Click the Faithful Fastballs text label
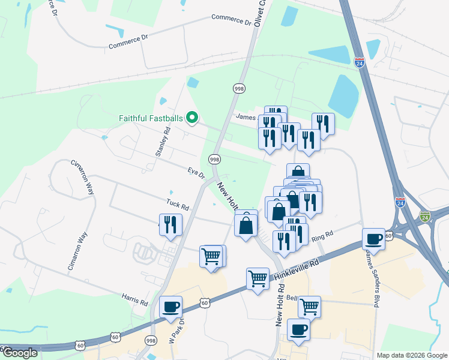tap(146, 118)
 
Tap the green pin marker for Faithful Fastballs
tap(192, 117)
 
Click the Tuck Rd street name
tap(178, 205)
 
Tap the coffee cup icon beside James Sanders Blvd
tap(374, 239)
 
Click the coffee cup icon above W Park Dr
tap(171, 307)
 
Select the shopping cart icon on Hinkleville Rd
tap(258, 278)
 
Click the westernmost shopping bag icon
tap(246, 225)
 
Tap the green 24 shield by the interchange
tap(425, 215)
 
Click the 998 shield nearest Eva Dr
tap(214, 159)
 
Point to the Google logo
tap(19, 353)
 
